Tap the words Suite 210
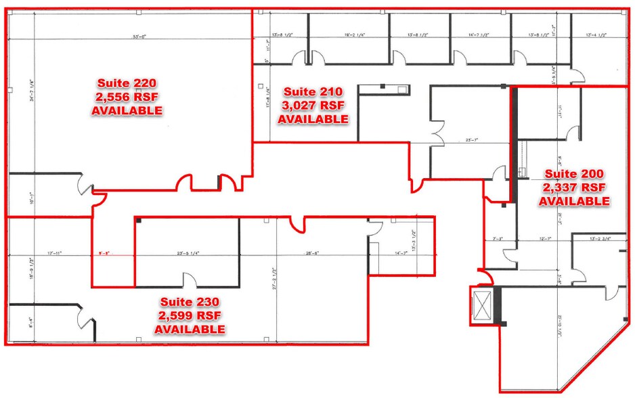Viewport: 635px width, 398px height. coord(313,92)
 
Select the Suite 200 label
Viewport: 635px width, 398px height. coord(573,175)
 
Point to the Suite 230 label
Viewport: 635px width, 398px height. coord(190,303)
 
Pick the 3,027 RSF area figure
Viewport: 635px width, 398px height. coord(313,106)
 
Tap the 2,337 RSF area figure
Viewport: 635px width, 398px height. coord(573,187)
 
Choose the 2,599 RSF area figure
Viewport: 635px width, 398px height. coord(190,316)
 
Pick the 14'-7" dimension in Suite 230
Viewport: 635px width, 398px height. coord(401,254)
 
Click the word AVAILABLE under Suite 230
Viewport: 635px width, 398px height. coord(190,330)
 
